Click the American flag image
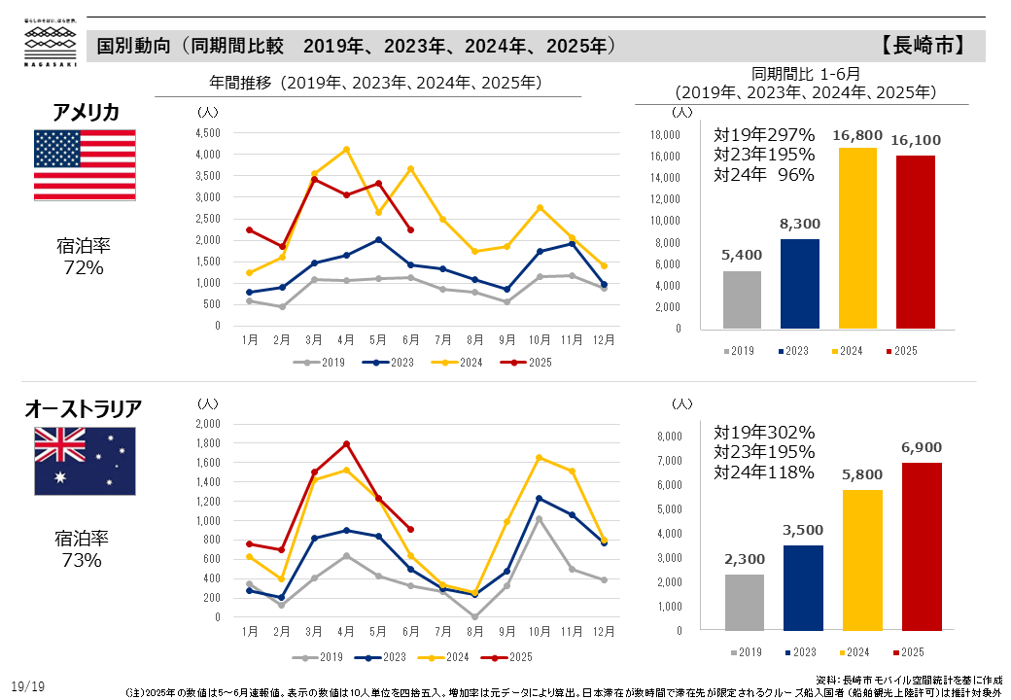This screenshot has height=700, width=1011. (x=85, y=164)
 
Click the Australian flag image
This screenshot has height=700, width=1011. (x=85, y=460)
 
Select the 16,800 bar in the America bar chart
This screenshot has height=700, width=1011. (x=856, y=239)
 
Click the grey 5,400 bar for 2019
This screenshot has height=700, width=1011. (x=741, y=300)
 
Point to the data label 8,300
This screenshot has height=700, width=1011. (x=798, y=223)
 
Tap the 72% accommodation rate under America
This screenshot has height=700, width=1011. (x=84, y=267)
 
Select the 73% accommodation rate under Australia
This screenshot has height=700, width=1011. (x=84, y=560)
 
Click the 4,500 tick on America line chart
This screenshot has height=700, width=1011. (x=208, y=133)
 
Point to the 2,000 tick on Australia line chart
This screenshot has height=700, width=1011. (x=208, y=424)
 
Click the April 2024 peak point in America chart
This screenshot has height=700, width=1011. (x=346, y=150)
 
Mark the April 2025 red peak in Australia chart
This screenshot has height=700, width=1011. (x=346, y=443)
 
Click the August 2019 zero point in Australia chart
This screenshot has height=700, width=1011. (x=474, y=616)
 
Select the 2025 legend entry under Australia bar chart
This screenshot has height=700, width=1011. (x=903, y=651)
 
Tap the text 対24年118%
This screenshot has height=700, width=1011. (x=764, y=472)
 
